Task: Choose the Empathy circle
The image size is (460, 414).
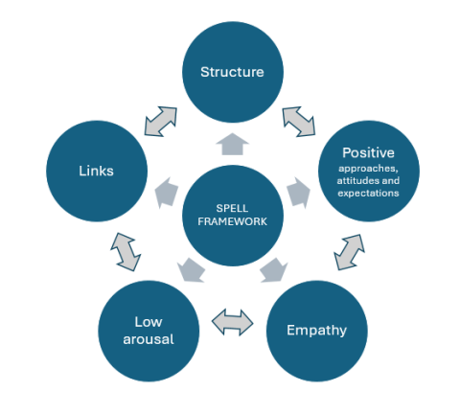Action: [315, 331]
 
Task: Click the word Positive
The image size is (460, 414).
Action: [369, 151]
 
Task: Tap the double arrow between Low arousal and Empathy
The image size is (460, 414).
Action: [232, 323]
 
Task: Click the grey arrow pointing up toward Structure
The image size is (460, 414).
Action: [232, 144]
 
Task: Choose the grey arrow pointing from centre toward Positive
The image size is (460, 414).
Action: [299, 192]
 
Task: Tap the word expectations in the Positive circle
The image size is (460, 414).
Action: [369, 193]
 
